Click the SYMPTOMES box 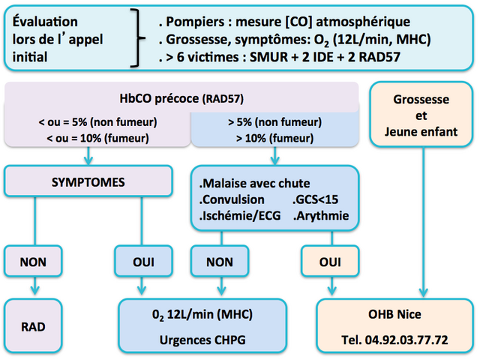pyautogui.click(x=88, y=181)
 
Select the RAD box pyautogui.click(x=33, y=325)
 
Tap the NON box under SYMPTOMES pyautogui.click(x=33, y=262)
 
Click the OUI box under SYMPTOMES pyautogui.click(x=143, y=262)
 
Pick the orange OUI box pyautogui.click(x=330, y=262)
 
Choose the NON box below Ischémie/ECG pyautogui.click(x=220, y=262)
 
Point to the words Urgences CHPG pyautogui.click(x=202, y=340)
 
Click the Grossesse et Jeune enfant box pyautogui.click(x=421, y=115)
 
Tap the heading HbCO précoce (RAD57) pyautogui.click(x=181, y=98)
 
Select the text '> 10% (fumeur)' pyautogui.click(x=275, y=138)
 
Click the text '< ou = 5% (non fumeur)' pyautogui.click(x=97, y=121)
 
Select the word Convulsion pyautogui.click(x=232, y=199)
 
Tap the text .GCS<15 pyautogui.click(x=315, y=199)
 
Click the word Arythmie pyautogui.click(x=322, y=216)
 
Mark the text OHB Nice pyautogui.click(x=394, y=314)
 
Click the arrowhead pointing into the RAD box pyautogui.click(x=35, y=289)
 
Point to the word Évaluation pyautogui.click(x=45, y=21)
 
